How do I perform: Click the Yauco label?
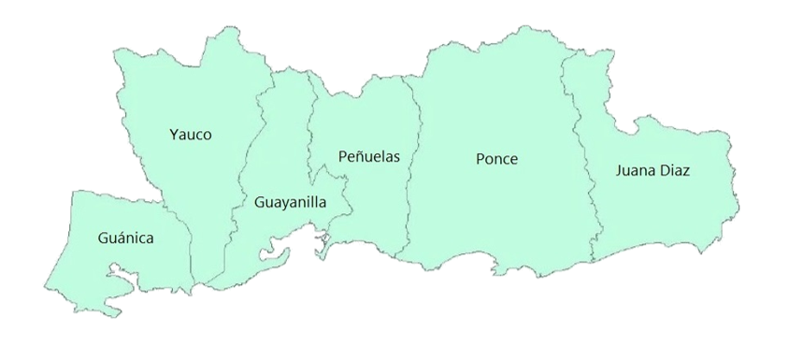click(191, 134)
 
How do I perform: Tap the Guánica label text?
click(125, 238)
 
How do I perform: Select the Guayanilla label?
click(290, 200)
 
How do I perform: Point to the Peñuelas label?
click(368, 156)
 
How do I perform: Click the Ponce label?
click(496, 159)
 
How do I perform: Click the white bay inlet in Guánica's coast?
click(122, 274)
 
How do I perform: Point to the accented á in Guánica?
click(120, 238)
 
